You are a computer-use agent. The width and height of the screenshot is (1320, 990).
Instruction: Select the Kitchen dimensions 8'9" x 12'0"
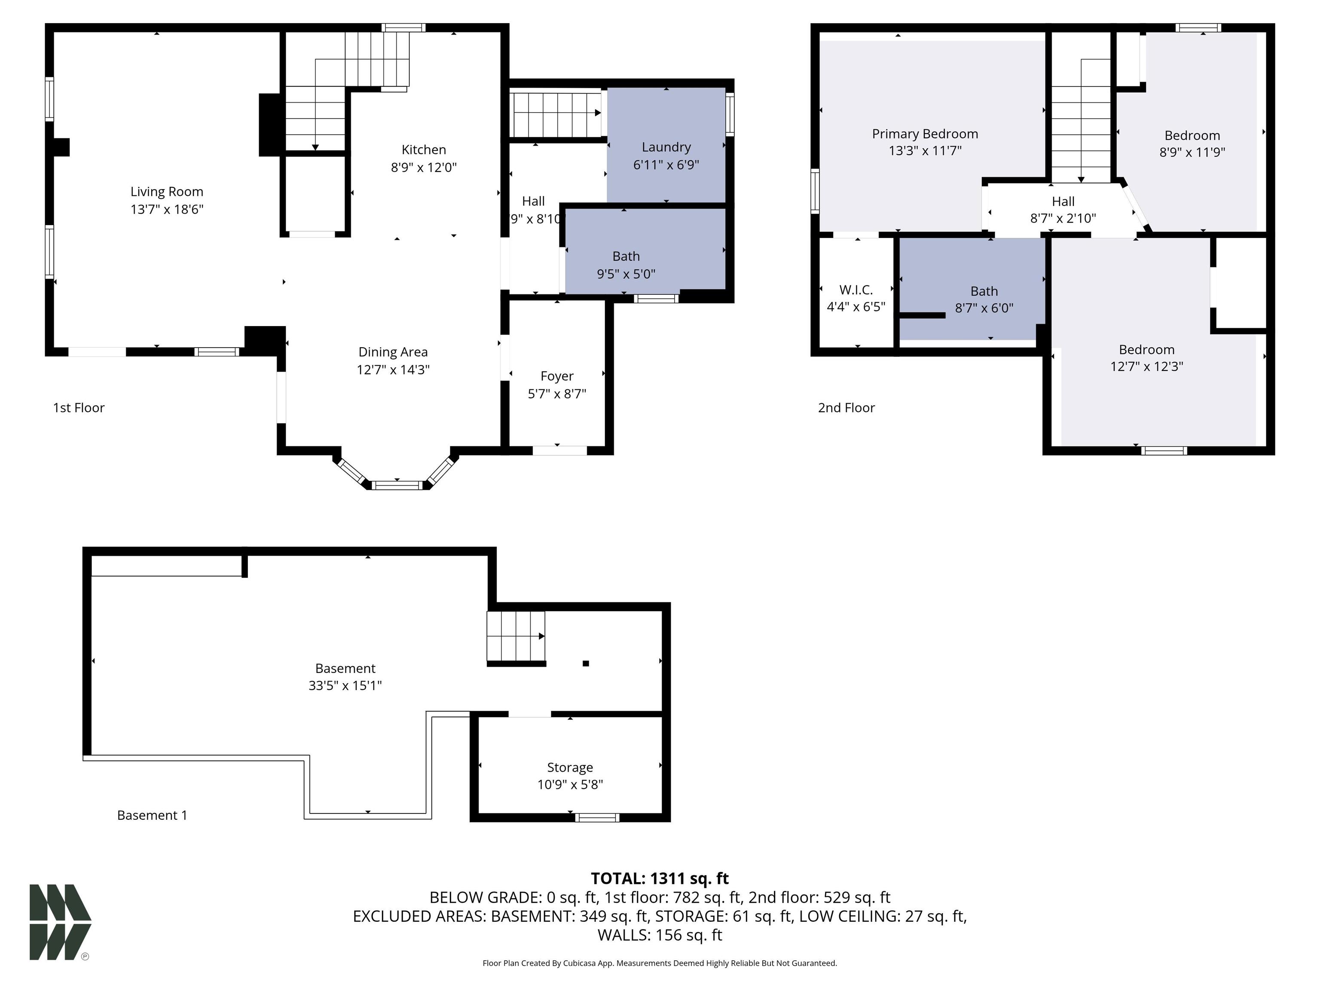tap(424, 167)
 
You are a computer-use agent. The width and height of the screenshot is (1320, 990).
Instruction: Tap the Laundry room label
tap(666, 147)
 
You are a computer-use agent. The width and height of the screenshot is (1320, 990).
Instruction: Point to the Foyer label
tap(557, 376)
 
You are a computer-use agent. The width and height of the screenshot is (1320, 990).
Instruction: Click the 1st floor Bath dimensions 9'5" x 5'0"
tap(626, 274)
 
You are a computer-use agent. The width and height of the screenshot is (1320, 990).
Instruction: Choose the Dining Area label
tap(393, 352)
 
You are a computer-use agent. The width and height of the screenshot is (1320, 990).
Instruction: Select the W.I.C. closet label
tap(856, 290)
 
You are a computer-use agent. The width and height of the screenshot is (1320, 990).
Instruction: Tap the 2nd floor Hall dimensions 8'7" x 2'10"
tap(1063, 218)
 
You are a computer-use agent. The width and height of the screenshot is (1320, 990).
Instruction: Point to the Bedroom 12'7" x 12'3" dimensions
tap(1146, 367)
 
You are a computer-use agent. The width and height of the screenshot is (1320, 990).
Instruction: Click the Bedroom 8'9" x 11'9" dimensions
tap(1192, 152)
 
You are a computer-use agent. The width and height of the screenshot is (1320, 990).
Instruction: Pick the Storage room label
tap(570, 767)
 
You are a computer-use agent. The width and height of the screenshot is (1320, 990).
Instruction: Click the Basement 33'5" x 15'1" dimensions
tap(345, 686)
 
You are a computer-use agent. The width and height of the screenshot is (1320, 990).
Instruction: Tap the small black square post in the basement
tap(585, 663)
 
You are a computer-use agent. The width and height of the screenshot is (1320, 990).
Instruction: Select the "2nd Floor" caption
tap(846, 408)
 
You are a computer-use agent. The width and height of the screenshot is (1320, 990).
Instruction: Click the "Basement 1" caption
tap(152, 815)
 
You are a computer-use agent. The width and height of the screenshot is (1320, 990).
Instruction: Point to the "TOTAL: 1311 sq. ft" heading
tap(660, 878)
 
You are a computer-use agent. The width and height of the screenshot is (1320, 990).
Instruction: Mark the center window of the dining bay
tap(396, 485)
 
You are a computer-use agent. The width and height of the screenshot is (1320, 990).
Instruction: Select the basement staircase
tap(516, 637)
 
